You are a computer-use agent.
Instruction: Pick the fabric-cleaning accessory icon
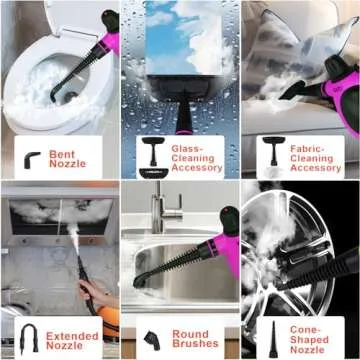tap(270, 155)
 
